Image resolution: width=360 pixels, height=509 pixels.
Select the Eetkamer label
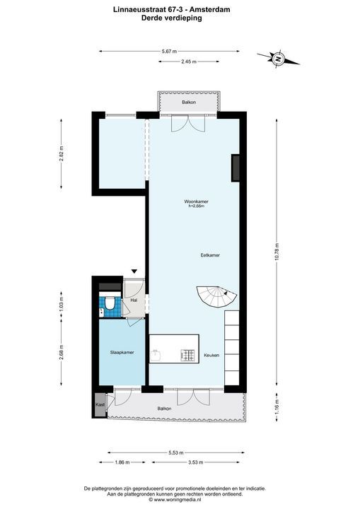210,255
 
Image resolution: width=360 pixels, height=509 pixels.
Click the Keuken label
211,354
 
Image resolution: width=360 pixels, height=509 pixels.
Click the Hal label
134,300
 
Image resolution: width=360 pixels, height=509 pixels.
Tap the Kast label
100,404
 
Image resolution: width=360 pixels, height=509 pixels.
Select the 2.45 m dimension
187,62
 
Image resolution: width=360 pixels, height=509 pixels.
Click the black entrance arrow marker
134,271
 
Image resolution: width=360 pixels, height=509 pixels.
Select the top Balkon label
188,103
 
